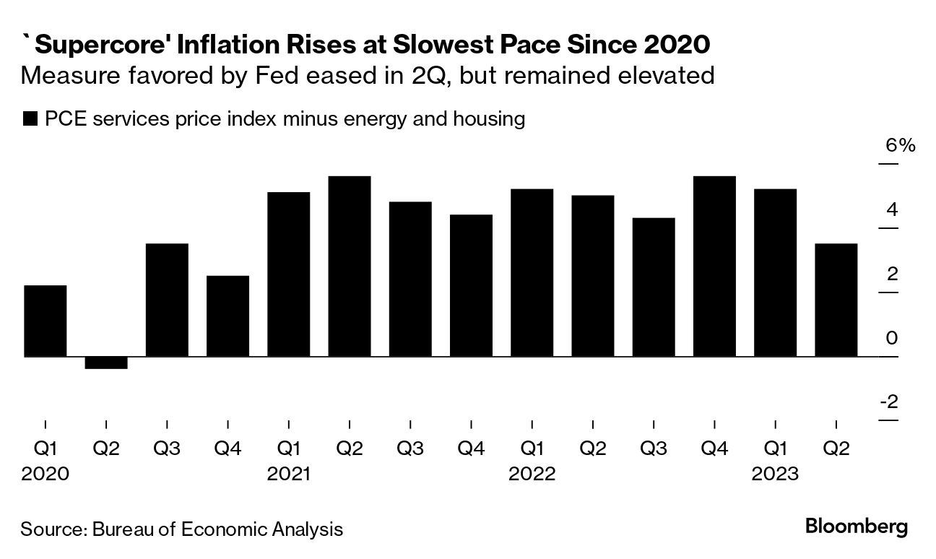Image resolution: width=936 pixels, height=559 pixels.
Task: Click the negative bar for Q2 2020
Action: click(106, 363)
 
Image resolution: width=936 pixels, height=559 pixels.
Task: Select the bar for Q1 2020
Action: click(45, 321)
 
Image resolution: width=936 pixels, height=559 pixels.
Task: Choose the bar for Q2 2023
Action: click(836, 300)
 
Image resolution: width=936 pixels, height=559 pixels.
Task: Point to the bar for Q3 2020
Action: click(167, 300)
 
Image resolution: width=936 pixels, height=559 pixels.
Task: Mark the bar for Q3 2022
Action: click(654, 287)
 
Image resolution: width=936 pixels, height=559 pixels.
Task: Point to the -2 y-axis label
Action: click(889, 402)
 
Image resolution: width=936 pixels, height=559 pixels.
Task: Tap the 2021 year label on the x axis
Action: click(289, 474)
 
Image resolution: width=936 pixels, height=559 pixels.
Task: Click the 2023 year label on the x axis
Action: click(775, 474)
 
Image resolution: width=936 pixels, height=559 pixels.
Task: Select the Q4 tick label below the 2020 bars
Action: click(227, 449)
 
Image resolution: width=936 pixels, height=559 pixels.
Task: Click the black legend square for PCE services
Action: click(30, 120)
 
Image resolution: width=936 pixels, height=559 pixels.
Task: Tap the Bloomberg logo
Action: click(856, 526)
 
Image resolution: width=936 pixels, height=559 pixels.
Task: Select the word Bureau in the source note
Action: click(123, 529)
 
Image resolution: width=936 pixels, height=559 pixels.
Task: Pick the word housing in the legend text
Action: click(487, 119)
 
